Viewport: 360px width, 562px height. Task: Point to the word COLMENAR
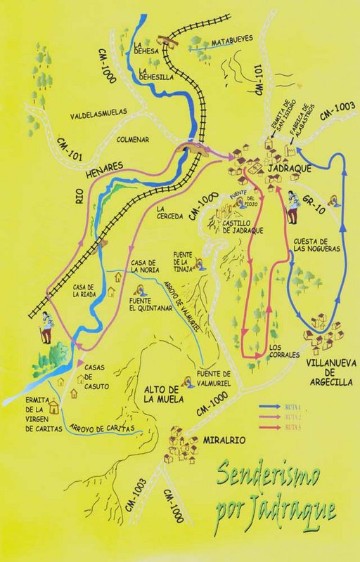pyautogui.click(x=126, y=139)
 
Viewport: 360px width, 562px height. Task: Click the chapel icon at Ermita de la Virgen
pyautogui.click(x=54, y=395)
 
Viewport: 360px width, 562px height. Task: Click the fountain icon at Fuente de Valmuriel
pyautogui.click(x=188, y=381)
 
